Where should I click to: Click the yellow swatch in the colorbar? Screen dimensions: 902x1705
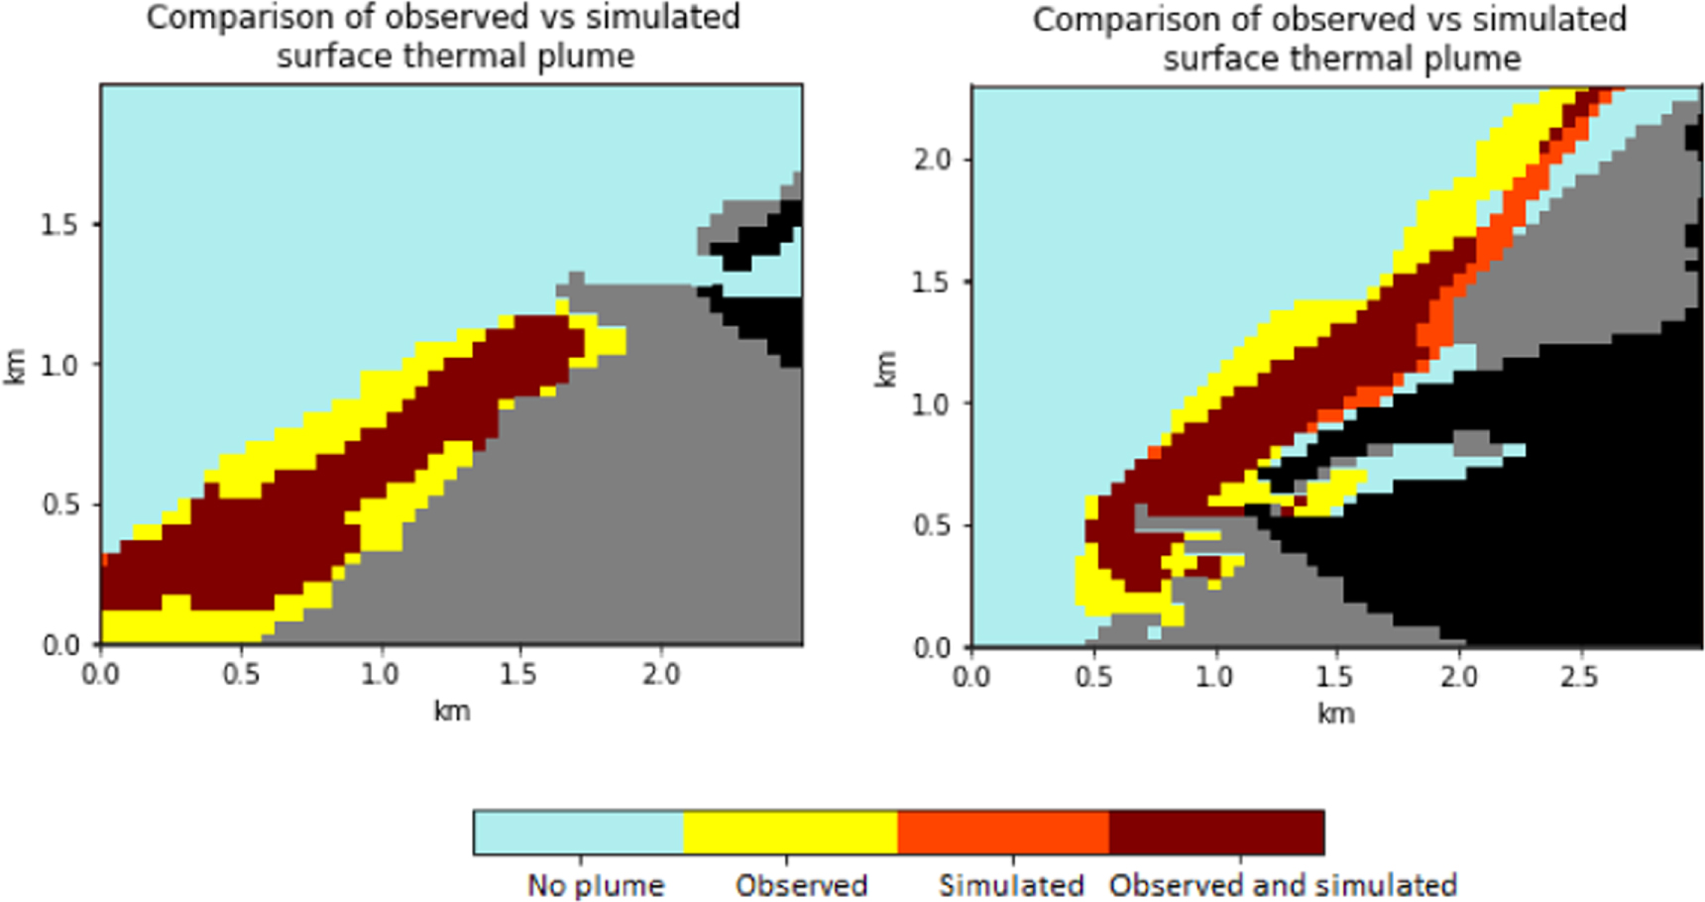click(790, 832)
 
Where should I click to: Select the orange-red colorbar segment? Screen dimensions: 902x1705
click(1003, 832)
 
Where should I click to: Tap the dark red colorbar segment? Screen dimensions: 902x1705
click(1216, 832)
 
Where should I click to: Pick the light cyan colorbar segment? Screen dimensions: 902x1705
click(579, 832)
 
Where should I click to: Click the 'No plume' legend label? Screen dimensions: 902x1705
click(595, 884)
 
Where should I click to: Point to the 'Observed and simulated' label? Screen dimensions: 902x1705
click(1283, 884)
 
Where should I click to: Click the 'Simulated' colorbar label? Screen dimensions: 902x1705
click(1011, 884)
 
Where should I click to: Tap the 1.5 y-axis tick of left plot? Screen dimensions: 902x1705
click(58, 225)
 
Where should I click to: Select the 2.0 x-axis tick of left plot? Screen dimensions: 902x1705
click(660, 675)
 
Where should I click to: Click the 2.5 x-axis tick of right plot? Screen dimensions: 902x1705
click(1579, 677)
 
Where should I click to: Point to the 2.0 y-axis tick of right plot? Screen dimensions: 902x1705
click(932, 160)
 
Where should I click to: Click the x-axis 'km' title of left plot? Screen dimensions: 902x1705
click(451, 711)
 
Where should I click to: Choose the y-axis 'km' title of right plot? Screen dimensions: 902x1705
click(884, 368)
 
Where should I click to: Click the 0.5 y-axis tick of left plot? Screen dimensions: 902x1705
click(58, 505)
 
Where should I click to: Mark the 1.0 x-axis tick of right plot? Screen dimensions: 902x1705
click(1213, 677)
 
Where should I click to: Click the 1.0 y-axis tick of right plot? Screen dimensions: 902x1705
click(932, 404)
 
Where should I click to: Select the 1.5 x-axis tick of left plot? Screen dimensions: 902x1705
click(518, 675)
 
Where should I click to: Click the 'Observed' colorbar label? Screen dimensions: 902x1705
click(801, 884)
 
